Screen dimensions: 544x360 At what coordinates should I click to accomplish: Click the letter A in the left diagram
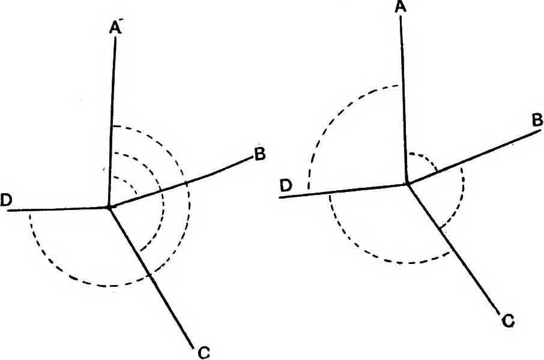pos(115,28)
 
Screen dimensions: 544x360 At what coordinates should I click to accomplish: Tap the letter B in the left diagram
pos(259,154)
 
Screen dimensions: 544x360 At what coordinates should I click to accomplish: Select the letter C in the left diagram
pos(204,353)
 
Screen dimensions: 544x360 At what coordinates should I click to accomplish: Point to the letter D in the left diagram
pos(7,200)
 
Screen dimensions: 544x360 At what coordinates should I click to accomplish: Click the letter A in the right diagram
pos(400,7)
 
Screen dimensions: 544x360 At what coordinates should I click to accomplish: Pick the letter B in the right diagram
pos(537,121)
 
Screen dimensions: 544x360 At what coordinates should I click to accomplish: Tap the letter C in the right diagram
pos(508,322)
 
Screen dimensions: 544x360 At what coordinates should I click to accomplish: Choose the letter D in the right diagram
pos(286,186)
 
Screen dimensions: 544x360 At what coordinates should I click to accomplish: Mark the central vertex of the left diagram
pos(109,207)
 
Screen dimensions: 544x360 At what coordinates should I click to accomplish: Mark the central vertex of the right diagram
pos(408,184)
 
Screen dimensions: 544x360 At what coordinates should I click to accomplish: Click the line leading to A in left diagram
pos(112,121)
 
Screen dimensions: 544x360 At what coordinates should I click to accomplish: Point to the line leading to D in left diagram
pos(58,209)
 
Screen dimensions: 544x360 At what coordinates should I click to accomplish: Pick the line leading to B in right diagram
pos(474,157)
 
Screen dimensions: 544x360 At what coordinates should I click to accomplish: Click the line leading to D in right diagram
pos(343,191)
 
